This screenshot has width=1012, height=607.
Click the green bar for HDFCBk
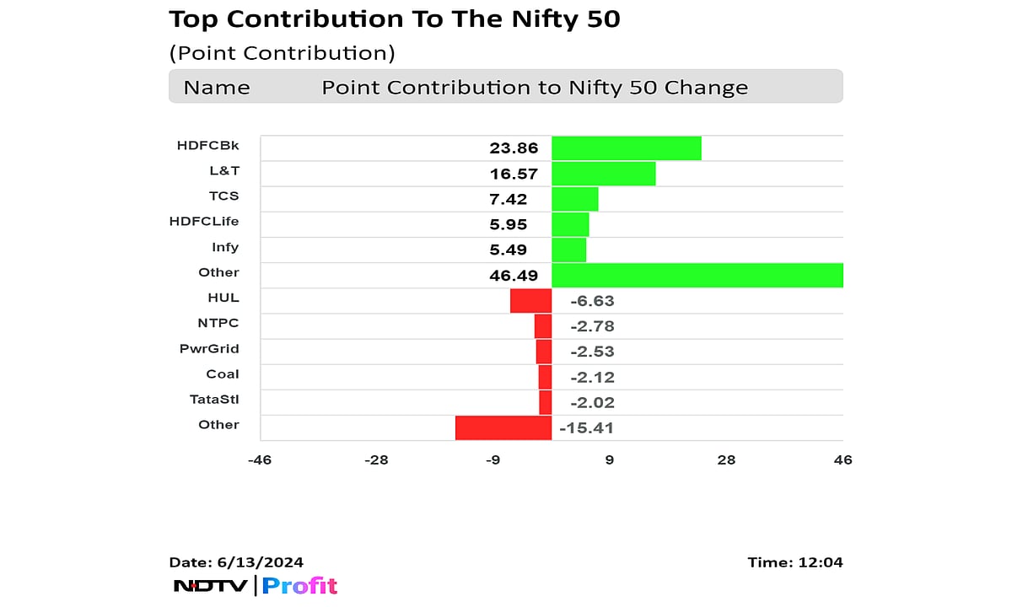tap(626, 148)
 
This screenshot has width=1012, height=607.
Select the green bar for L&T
tap(603, 174)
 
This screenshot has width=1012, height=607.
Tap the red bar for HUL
tap(530, 300)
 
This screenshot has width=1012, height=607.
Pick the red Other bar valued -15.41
tap(503, 427)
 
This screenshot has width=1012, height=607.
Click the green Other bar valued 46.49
tap(697, 275)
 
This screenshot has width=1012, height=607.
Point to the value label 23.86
tap(514, 148)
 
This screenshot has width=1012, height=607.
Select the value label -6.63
tap(592, 301)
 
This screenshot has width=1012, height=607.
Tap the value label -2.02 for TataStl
tap(592, 402)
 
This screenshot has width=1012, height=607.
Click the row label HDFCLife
tap(204, 222)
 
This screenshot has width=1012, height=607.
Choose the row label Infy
tap(225, 247)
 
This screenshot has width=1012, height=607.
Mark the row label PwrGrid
tap(209, 348)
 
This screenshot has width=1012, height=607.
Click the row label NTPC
tap(218, 323)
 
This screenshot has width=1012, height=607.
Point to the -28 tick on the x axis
tap(375, 459)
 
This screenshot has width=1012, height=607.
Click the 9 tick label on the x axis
tap(609, 459)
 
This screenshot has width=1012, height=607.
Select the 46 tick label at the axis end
tap(842, 459)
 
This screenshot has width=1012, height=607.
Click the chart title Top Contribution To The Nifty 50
tap(395, 19)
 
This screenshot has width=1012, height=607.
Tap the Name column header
tap(217, 88)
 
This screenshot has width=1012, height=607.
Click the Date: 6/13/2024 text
tap(236, 562)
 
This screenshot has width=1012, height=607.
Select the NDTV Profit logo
tap(255, 585)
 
